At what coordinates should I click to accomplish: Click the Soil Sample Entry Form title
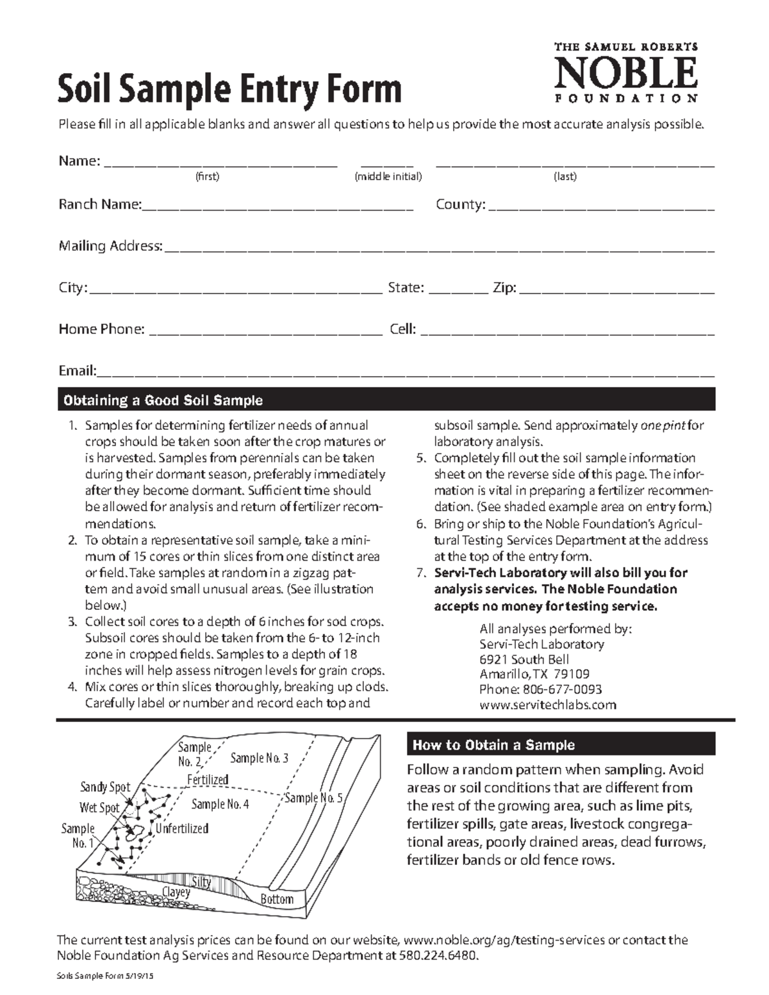click(229, 90)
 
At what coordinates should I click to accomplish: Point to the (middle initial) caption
click(388, 177)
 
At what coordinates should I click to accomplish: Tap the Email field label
click(77, 371)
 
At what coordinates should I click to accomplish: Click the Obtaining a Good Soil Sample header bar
click(386, 400)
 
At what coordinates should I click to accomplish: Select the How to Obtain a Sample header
click(561, 745)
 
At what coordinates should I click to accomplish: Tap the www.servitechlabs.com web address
click(548, 705)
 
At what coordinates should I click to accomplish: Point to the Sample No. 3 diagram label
click(259, 759)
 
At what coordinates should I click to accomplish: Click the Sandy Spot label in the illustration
click(104, 787)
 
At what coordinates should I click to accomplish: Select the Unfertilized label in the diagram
click(182, 828)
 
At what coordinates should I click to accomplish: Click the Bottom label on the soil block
click(276, 900)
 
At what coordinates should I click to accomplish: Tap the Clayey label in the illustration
click(176, 892)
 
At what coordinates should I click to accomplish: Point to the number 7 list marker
click(420, 573)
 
